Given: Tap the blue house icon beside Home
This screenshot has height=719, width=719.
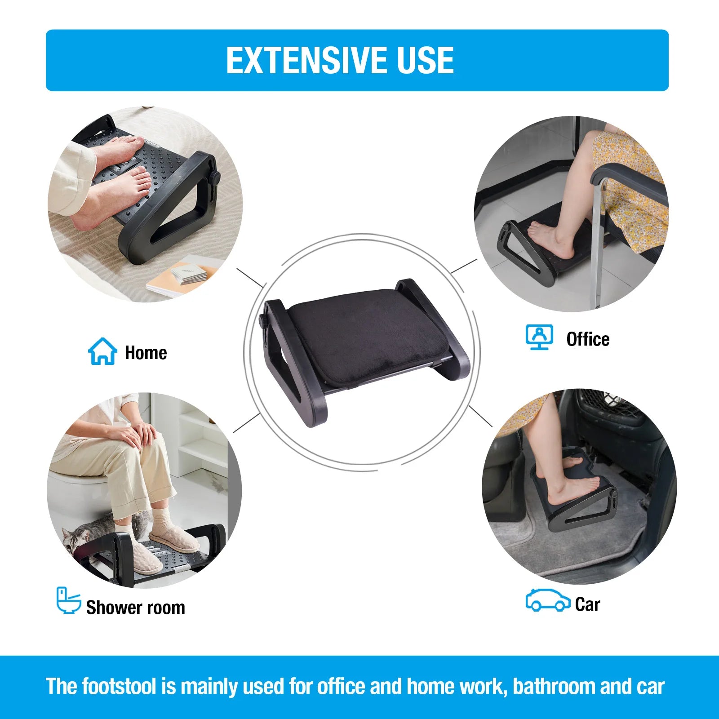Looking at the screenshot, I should (102, 351).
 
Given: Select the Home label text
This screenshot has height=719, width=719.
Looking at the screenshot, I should (146, 353).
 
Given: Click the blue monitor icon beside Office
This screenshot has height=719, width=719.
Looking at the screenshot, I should (539, 337).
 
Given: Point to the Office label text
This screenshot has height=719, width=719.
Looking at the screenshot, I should (588, 339).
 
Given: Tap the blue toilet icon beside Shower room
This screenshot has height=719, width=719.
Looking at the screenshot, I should (68, 600).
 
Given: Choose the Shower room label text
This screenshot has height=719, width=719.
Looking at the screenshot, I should (135, 608).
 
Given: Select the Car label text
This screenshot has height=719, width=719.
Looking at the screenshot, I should (587, 604).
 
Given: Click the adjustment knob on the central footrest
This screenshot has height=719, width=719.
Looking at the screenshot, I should (262, 320).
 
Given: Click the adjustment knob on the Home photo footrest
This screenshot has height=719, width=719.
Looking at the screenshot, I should (215, 178).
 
